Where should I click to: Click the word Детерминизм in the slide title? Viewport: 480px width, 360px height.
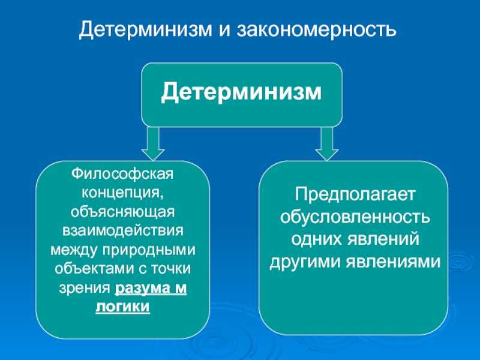[146, 30]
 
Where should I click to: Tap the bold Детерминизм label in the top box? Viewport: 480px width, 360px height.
[242, 92]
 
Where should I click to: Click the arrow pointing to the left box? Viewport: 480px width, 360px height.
[153, 143]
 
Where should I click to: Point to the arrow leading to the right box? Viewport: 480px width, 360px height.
[326, 143]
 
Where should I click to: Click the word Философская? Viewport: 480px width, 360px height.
[122, 174]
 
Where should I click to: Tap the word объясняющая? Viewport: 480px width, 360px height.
[122, 212]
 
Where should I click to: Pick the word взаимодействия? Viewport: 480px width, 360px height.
[123, 231]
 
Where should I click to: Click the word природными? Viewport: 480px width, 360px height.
[149, 250]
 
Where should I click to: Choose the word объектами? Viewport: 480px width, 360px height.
[94, 268]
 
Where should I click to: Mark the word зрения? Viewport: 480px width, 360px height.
[84, 289]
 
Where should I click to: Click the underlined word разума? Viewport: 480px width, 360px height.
[142, 289]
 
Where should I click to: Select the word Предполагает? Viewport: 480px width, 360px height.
[354, 194]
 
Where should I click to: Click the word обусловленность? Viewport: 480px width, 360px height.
[355, 217]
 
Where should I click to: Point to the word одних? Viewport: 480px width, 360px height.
[317, 239]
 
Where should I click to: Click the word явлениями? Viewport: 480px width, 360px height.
[394, 262]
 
